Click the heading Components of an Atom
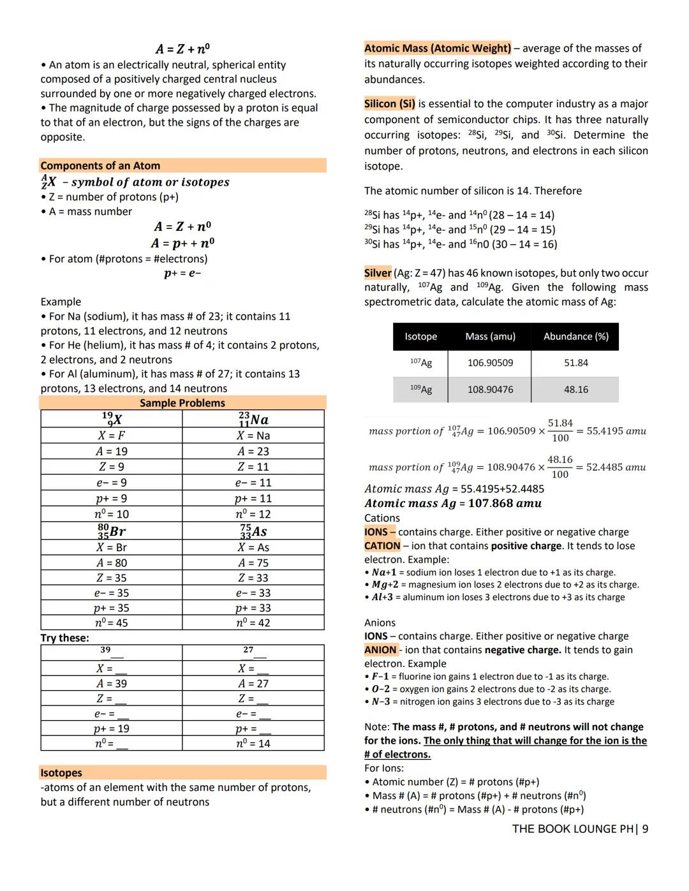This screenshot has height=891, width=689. coord(100,166)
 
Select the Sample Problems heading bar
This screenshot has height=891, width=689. coord(182,403)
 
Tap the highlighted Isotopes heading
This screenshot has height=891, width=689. coord(61,773)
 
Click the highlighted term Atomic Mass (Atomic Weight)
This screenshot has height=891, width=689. coord(438,48)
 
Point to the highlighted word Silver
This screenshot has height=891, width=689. coord(378,273)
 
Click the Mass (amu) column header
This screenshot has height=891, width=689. coord(490,336)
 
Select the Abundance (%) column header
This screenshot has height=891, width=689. coord(575,336)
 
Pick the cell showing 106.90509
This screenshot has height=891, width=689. coord(490,363)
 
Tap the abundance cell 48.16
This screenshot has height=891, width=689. coord(575,389)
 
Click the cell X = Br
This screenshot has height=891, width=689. coord(112,547)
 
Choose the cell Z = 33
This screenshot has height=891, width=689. coord(253,578)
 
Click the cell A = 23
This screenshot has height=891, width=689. coord(253,452)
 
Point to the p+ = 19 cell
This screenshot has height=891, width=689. coord(112,728)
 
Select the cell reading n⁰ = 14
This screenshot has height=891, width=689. coord(253,743)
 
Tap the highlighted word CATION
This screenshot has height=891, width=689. coord(382,546)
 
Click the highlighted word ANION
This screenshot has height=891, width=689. coord(380,650)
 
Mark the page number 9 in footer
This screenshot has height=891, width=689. coord(645,829)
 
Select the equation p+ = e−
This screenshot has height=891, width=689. coord(182,274)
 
